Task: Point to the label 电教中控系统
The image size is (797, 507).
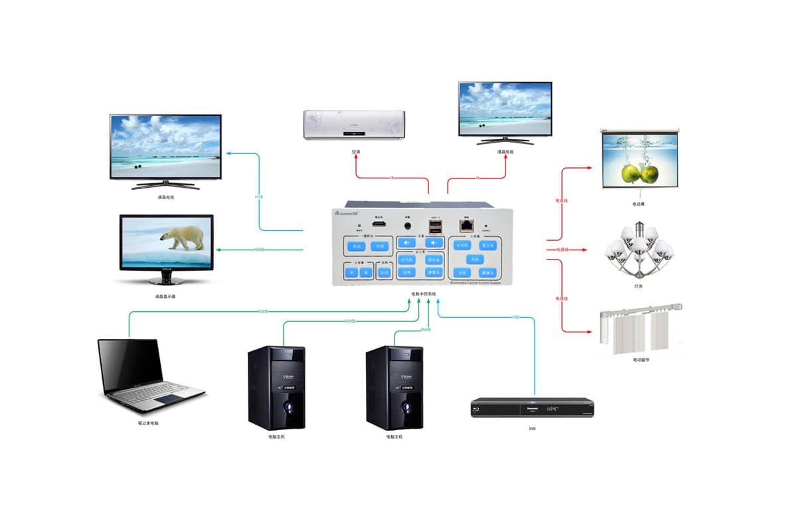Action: click(x=423, y=293)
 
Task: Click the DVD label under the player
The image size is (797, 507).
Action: click(x=532, y=429)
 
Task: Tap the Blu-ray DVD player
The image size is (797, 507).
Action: click(x=532, y=407)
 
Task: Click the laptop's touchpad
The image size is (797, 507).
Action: click(x=165, y=398)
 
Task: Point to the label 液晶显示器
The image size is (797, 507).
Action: click(x=165, y=297)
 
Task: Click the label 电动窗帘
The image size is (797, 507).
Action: click(x=641, y=360)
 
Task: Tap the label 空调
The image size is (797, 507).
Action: click(x=356, y=152)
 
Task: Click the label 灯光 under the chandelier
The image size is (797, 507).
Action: click(x=638, y=287)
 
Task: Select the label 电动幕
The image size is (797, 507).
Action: click(x=638, y=204)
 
